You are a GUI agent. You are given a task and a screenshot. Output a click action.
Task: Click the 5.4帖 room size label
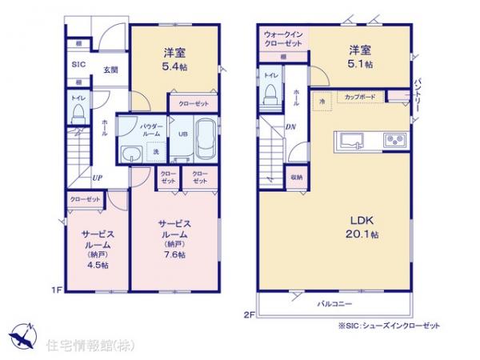click(170, 66)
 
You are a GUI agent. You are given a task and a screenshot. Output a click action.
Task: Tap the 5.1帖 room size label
click(360, 64)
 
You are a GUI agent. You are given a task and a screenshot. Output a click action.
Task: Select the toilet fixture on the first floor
click(77, 113)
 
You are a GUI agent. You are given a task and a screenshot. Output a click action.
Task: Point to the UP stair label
click(96, 178)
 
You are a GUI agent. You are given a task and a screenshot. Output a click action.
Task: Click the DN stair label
click(290, 126)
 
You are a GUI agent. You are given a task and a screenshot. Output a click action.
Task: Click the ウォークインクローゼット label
click(282, 38)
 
